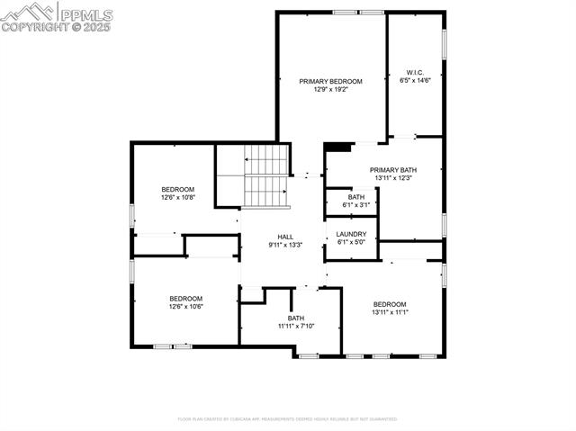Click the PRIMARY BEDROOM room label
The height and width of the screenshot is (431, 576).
tap(331, 81)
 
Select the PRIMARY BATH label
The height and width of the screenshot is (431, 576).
tap(393, 170)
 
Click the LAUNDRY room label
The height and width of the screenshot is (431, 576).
tap(351, 234)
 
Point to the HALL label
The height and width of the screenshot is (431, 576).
tap(285, 237)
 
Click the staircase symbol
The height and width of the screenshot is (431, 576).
tap(265, 175)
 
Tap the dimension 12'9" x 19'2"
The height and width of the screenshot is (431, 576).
tap(331, 89)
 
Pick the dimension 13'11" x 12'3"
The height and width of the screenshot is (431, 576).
tap(393, 178)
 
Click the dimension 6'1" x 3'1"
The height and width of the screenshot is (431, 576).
tap(356, 205)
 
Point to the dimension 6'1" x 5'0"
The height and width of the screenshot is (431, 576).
tap(351, 242)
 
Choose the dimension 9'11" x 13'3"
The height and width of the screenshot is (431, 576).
tap(285, 245)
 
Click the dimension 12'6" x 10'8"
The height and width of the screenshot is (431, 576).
tap(178, 197)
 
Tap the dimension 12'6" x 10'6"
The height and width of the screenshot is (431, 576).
tap(186, 307)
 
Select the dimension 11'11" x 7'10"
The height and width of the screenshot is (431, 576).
tap(296, 326)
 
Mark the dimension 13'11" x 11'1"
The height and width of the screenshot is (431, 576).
tap(391, 312)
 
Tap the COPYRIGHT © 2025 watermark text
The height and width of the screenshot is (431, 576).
tap(56, 27)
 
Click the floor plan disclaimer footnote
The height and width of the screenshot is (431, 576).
tap(287, 418)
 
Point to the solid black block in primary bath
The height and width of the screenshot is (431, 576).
tap(337, 148)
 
